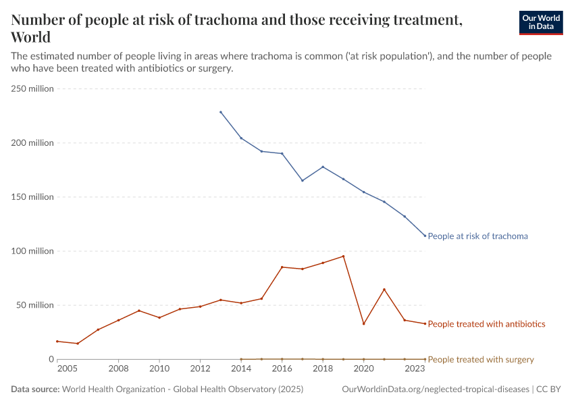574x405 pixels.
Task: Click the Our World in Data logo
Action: point(540,22)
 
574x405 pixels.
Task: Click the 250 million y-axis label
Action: point(32,89)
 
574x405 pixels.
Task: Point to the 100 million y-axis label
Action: point(32,251)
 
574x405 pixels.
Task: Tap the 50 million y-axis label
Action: point(34,305)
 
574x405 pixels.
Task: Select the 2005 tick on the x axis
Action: point(66,369)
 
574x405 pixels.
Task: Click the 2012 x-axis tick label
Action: point(200,369)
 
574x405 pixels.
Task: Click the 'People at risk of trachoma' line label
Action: point(477,236)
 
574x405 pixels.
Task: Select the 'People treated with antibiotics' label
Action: point(486,324)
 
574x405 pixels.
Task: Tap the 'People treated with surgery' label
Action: point(481,360)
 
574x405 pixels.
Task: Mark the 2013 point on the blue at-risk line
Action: point(221,112)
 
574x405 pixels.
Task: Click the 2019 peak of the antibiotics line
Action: point(344,256)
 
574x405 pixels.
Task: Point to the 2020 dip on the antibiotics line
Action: point(364,324)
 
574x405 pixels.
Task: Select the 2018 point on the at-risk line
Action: point(323,167)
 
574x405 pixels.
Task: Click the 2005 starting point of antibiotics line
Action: point(57,341)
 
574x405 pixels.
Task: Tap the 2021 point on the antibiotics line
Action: point(384,289)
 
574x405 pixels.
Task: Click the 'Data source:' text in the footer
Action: point(35,389)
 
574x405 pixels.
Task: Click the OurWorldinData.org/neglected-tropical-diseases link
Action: point(436,389)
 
